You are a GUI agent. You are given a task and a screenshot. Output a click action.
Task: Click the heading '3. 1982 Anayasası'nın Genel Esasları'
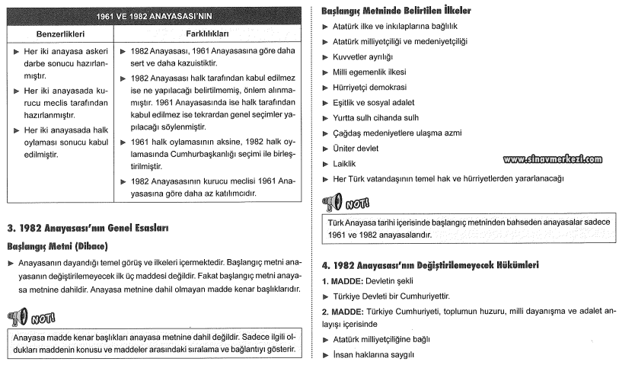(x=87, y=227)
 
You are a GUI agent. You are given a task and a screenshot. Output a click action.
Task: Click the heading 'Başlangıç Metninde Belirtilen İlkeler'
(x=396, y=11)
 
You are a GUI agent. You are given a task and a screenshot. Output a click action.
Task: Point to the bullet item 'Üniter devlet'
(x=356, y=149)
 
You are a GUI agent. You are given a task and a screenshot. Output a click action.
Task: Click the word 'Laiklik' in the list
(x=345, y=164)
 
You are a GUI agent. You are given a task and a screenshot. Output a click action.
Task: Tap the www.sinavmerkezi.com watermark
(x=552, y=159)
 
